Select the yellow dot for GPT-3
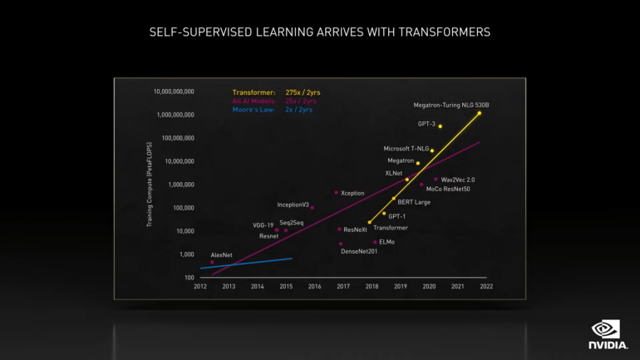pyautogui.click(x=441, y=126)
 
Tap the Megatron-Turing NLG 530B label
pyautogui.click(x=451, y=106)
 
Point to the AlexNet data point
pyautogui.click(x=212, y=262)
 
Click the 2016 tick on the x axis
pyautogui.click(x=314, y=286)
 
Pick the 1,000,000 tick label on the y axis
pyautogui.click(x=175, y=185)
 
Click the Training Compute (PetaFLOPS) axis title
pyautogui.click(x=150, y=185)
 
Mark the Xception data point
pyautogui.click(x=337, y=193)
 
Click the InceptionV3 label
pyautogui.click(x=293, y=205)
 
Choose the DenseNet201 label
pyautogui.click(x=359, y=251)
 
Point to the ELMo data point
pyautogui.click(x=375, y=243)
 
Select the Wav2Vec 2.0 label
pyautogui.click(x=457, y=180)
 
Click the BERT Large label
pyautogui.click(x=414, y=202)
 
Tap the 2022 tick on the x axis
pyautogui.click(x=485, y=286)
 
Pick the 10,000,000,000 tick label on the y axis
pyautogui.click(x=174, y=91)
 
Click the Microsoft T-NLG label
pyautogui.click(x=406, y=149)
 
